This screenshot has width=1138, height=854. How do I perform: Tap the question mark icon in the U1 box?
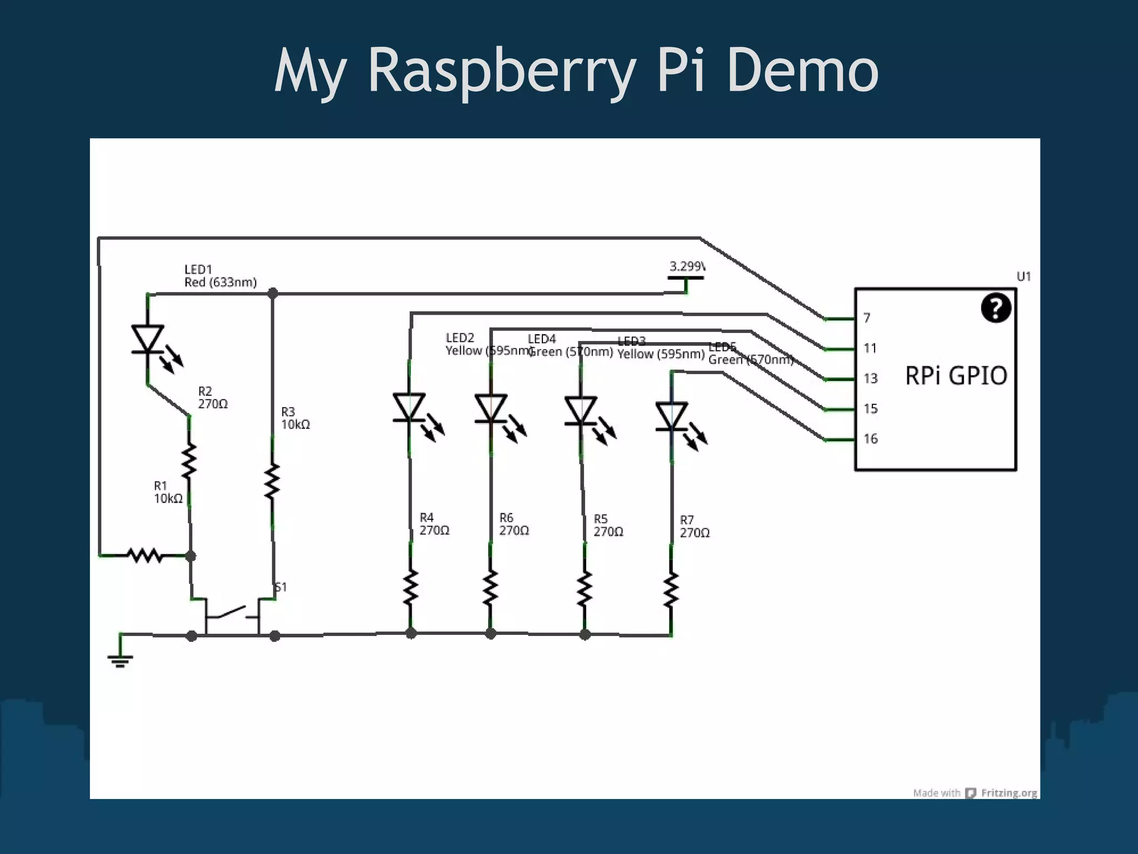coord(995,307)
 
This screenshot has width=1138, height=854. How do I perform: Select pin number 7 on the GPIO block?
coord(866,318)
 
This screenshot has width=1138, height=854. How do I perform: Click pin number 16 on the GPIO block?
coord(870,439)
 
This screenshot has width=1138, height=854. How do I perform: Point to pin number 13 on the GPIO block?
coord(870,379)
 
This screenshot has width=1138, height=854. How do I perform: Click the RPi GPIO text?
coord(956,376)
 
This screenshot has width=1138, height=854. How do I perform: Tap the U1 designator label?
coord(1024,276)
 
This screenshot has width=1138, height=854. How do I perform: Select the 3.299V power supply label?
coord(687,267)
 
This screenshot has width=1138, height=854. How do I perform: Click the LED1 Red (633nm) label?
coord(220,276)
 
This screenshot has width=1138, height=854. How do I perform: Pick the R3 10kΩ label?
coord(295,418)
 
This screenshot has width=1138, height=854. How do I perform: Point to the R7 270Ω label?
coord(694,527)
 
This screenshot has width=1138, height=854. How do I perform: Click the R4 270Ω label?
coord(433,524)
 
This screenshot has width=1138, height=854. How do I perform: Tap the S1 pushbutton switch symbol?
coord(232,614)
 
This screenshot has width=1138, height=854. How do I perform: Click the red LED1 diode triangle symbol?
coord(148,338)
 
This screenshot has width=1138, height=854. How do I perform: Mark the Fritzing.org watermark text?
coord(1009,793)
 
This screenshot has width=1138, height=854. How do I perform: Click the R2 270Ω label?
coord(212,398)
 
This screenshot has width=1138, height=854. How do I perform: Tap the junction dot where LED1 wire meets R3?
coord(273,293)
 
